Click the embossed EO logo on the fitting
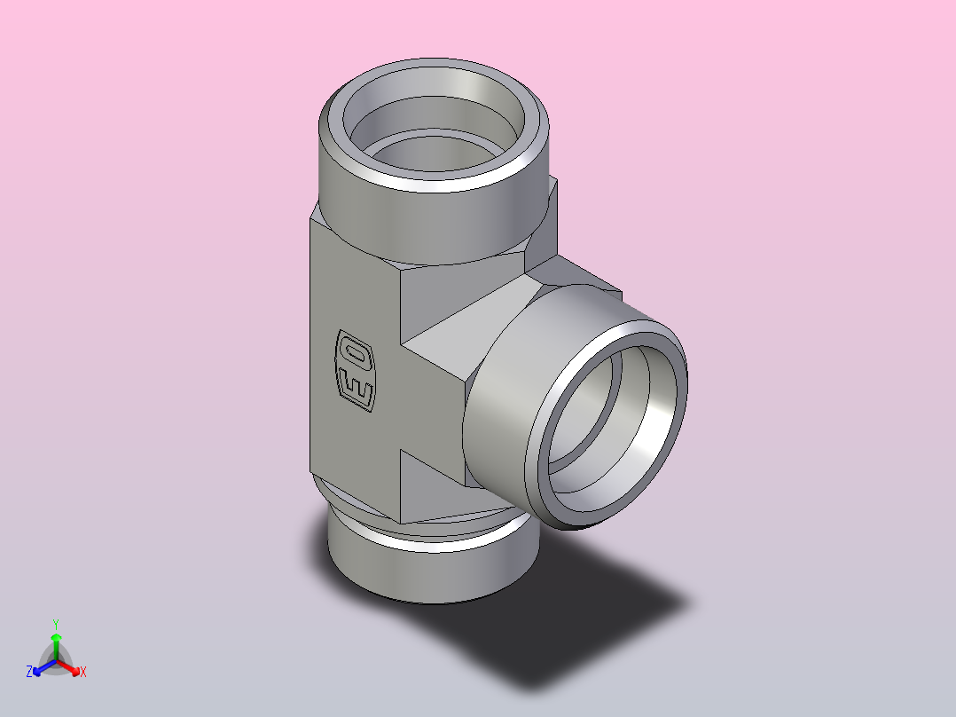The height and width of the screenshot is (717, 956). coord(355,371)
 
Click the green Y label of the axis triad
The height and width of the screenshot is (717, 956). coord(56,625)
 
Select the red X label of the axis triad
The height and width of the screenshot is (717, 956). coord(83,672)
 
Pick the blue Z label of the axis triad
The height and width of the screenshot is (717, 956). coord(29,672)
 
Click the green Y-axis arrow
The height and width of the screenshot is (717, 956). coord(56,647)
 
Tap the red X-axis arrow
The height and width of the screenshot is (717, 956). coord(68,667)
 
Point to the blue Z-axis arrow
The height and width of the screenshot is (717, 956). coord(44,667)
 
